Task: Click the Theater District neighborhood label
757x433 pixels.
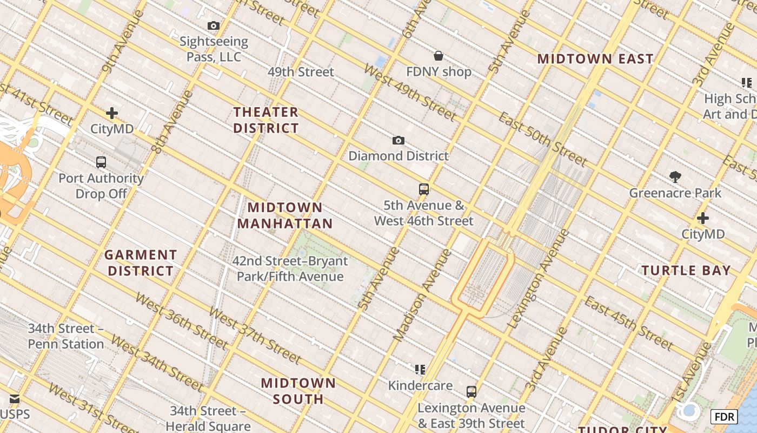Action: [x=265, y=120]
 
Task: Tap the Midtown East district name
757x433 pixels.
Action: [x=595, y=59]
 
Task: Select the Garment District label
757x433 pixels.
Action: [x=141, y=263]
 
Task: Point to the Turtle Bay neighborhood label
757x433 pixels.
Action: [x=686, y=270]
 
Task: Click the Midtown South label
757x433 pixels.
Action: [x=298, y=391]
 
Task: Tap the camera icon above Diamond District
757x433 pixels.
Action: [x=398, y=141]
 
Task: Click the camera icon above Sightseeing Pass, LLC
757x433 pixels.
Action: [x=214, y=25]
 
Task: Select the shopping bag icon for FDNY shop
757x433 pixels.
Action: [x=439, y=56]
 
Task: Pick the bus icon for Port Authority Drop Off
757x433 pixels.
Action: [x=101, y=162]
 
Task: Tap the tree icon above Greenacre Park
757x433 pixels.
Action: [x=675, y=176]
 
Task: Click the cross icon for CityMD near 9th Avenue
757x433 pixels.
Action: [x=112, y=113]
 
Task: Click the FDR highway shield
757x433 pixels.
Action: [x=723, y=416]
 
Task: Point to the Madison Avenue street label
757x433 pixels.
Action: [x=422, y=295]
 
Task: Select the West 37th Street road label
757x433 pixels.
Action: [x=254, y=335]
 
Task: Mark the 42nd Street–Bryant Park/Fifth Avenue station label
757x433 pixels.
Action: [x=290, y=269]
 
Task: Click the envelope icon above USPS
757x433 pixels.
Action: [x=15, y=399]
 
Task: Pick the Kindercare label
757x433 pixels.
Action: [x=420, y=385]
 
